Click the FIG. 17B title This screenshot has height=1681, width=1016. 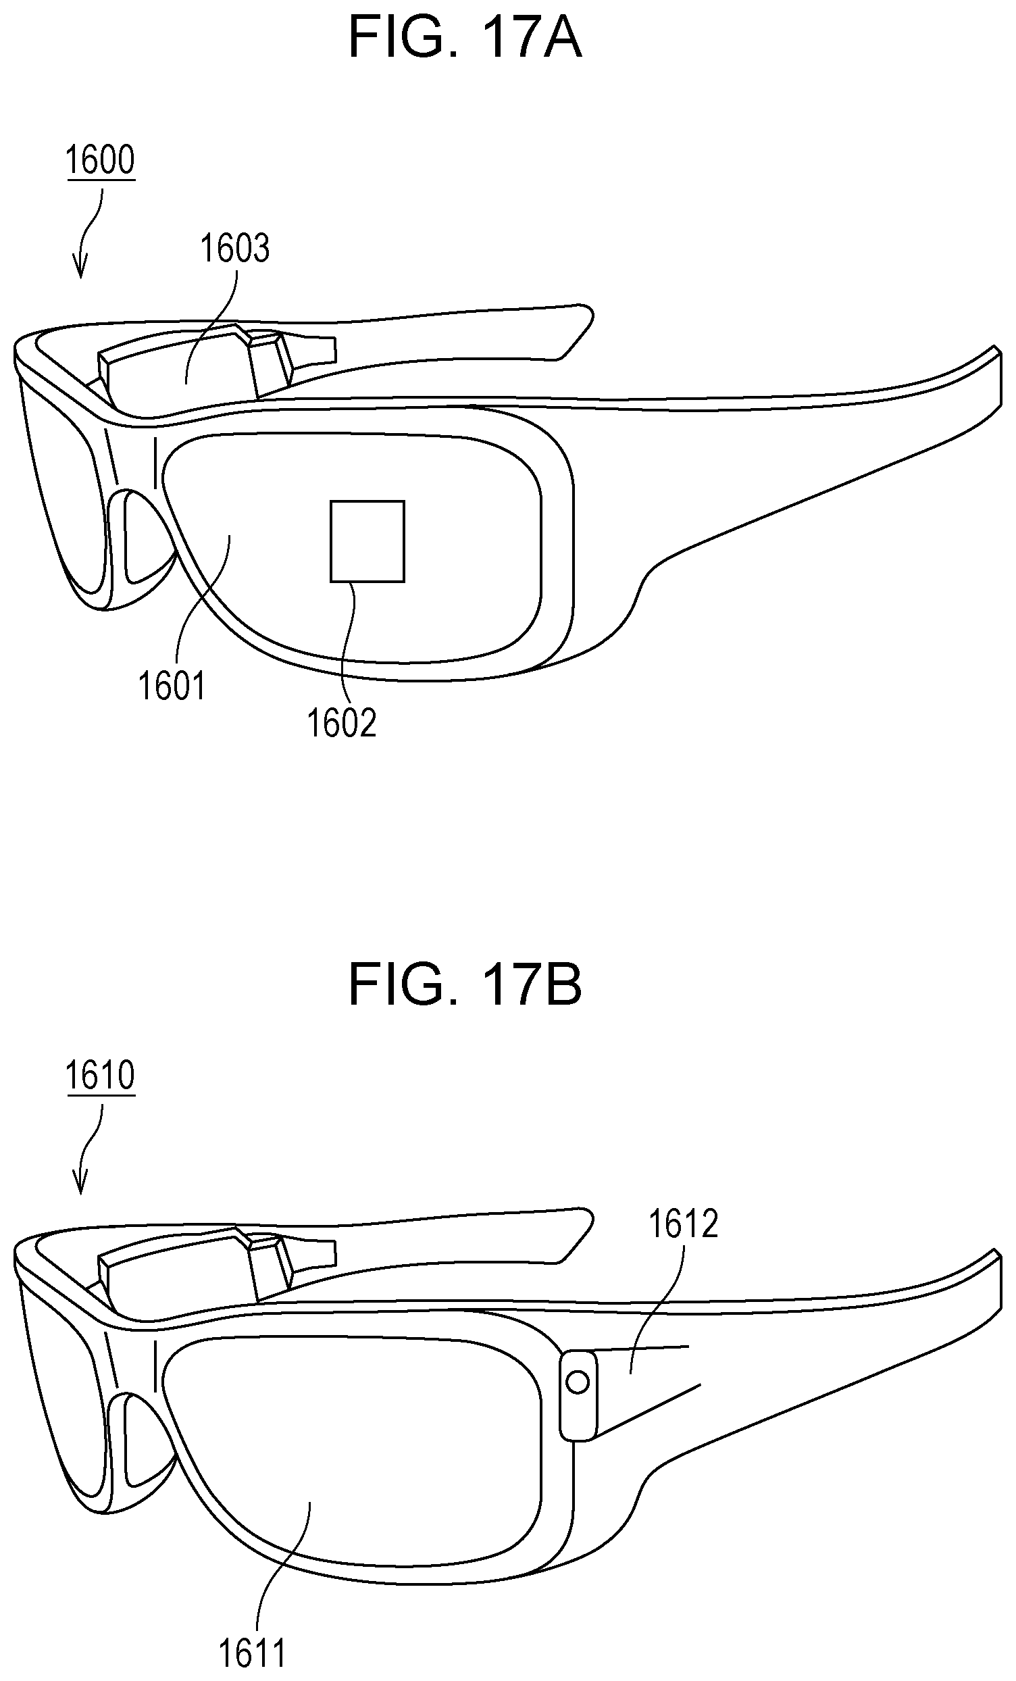[x=465, y=985]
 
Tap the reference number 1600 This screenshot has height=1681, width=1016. [x=99, y=160]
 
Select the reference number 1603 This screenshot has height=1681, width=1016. [x=234, y=249]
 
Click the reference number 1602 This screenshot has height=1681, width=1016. [x=342, y=722]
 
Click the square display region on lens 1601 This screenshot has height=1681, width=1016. [x=367, y=542]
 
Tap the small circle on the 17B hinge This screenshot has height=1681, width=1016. [x=578, y=1378]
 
